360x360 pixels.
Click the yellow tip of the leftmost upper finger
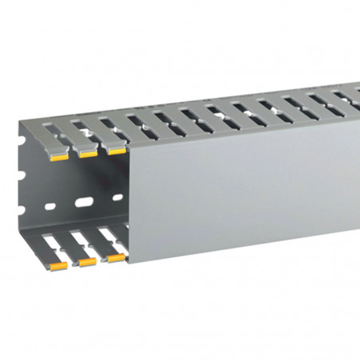(x=59, y=157)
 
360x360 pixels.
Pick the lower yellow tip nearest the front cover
(x=116, y=257)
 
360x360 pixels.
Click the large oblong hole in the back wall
(x=84, y=202)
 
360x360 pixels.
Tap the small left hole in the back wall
(x=49, y=206)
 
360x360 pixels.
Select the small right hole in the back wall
(x=118, y=197)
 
